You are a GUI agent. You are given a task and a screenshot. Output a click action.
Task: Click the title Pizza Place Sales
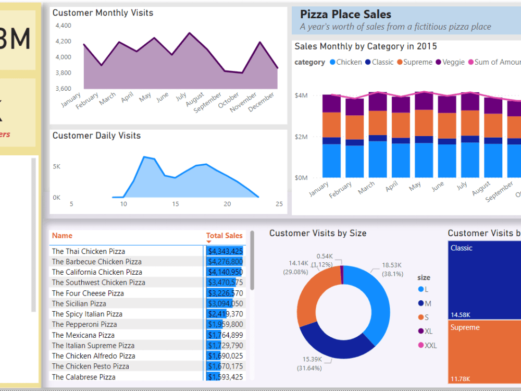tap(345, 15)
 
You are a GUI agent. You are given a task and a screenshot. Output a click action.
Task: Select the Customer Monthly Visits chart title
tap(103, 13)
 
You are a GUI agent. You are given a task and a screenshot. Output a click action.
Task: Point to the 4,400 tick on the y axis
tap(63, 26)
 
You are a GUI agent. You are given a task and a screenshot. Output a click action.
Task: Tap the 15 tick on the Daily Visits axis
tap(176, 204)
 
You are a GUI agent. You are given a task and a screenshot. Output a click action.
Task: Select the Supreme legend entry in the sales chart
tap(417, 62)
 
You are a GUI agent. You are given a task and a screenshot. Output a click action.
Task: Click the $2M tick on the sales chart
tap(301, 137)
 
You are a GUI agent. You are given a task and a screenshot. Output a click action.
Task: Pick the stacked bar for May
tap(424, 136)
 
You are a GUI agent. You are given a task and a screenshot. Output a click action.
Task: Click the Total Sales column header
tap(224, 236)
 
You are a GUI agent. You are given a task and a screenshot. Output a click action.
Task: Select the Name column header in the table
tap(62, 236)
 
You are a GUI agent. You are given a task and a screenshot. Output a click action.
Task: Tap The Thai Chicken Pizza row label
tap(88, 251)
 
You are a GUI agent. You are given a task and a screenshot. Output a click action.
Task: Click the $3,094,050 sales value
tap(225, 303)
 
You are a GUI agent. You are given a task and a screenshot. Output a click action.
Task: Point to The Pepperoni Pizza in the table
tap(84, 324)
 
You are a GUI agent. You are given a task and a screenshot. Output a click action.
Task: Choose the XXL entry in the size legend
tap(431, 345)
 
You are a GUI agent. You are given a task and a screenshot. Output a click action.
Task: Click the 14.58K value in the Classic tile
tap(461, 315)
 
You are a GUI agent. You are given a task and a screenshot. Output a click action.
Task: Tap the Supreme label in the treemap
tap(465, 327)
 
